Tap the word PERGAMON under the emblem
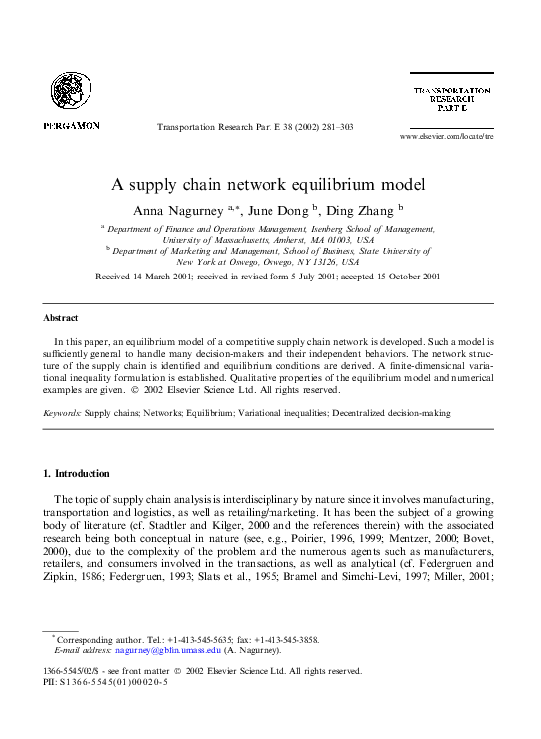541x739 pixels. pyautogui.click(x=71, y=126)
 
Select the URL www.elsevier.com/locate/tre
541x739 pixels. pyautogui.click(x=447, y=136)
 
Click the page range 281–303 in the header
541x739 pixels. pyautogui.click(x=334, y=127)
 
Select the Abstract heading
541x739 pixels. pyautogui.click(x=60, y=318)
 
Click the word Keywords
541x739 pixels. pyautogui.click(x=62, y=412)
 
